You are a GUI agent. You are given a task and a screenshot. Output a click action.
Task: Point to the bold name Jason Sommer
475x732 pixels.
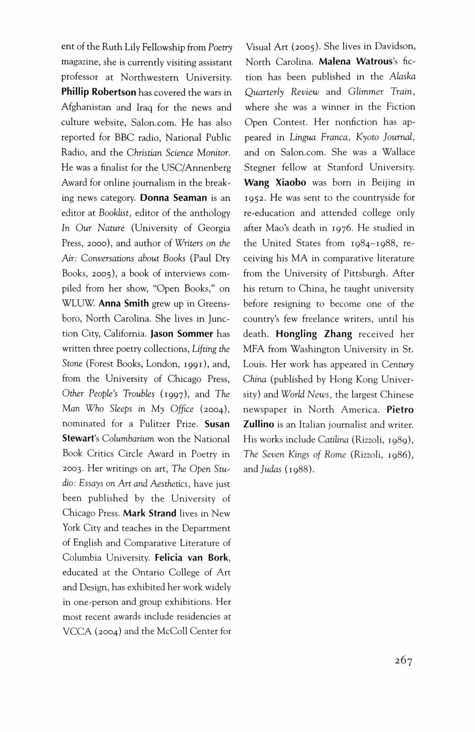(x=182, y=334)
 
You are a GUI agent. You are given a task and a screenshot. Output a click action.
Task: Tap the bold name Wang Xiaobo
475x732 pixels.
(x=275, y=182)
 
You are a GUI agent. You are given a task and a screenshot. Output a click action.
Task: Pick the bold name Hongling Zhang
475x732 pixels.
(x=314, y=334)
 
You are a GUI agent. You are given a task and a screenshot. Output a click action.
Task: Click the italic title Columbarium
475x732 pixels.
(x=128, y=439)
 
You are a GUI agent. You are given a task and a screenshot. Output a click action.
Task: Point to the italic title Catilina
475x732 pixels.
(x=333, y=440)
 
